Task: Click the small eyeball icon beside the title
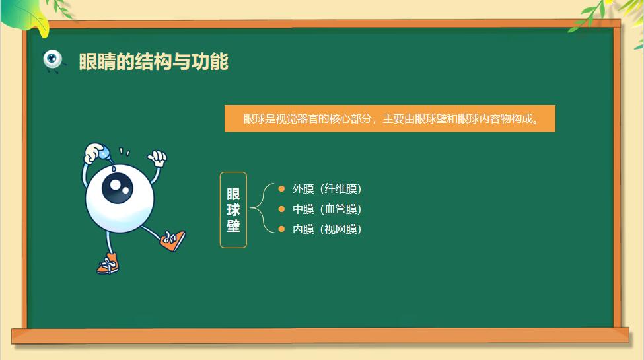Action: pos(53,60)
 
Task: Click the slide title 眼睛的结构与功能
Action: pos(154,61)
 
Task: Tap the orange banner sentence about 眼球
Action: pos(390,119)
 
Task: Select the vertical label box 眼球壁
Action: pos(233,210)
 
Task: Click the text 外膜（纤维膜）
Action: pos(327,189)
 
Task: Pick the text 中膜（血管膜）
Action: pos(327,209)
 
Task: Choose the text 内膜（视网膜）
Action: pos(327,229)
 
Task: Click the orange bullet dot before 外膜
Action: pos(281,189)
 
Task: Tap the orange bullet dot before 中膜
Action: pos(281,209)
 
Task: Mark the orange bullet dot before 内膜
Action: pos(281,229)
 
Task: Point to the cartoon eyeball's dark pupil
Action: pos(118,188)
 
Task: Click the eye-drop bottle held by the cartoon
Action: pos(102,154)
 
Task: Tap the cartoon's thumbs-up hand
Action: pos(157,158)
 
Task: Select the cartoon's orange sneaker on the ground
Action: pos(108,264)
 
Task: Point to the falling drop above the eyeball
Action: pos(114,168)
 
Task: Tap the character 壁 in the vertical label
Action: pos(233,226)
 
